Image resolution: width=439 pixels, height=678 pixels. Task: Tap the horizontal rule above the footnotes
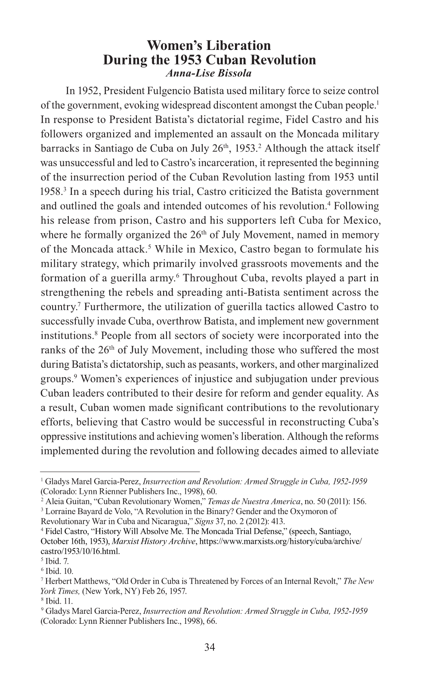click(120, 472)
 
